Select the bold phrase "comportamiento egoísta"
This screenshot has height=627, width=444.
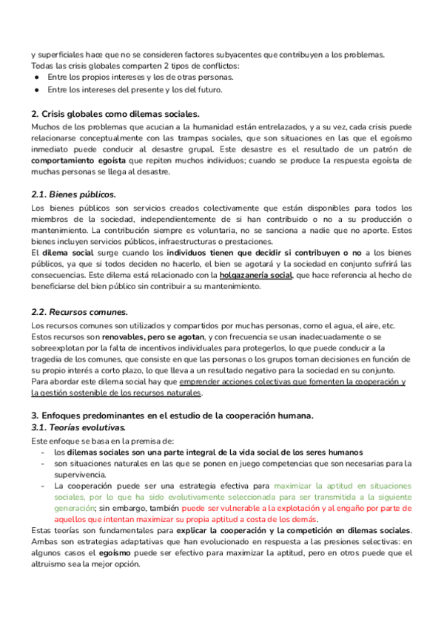(x=78, y=160)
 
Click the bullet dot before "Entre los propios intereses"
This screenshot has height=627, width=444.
(x=36, y=77)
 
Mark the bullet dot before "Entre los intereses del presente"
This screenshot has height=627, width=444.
(x=36, y=90)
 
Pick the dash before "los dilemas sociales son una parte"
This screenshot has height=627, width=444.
(x=43, y=452)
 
